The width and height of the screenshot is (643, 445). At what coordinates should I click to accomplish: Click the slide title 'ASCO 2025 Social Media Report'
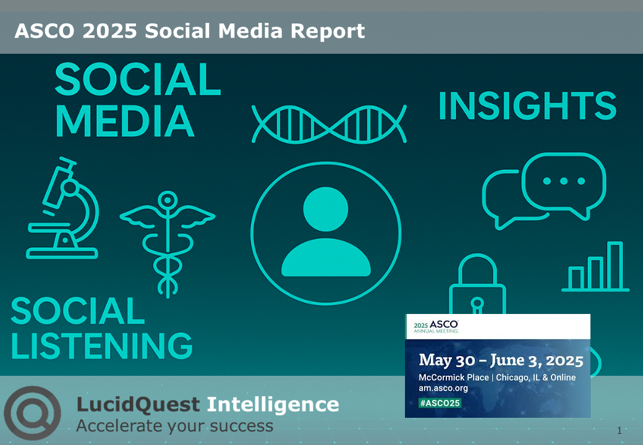[x=190, y=31]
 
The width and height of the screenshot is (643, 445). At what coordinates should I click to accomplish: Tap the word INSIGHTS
[x=527, y=106]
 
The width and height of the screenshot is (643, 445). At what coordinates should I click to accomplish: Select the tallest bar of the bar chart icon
[x=615, y=265]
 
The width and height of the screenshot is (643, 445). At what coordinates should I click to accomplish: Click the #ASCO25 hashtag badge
[x=440, y=402]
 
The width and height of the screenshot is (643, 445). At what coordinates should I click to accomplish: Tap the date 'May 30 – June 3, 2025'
[x=501, y=360]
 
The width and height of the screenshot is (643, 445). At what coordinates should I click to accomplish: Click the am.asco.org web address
[x=443, y=388]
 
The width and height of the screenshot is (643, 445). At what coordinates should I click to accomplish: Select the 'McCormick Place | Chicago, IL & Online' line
[x=497, y=377]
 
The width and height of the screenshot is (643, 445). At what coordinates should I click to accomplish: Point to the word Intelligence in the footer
[x=273, y=405]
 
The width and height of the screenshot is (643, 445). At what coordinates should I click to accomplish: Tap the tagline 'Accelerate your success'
[x=174, y=426]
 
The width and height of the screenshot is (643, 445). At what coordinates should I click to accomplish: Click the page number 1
[x=619, y=430]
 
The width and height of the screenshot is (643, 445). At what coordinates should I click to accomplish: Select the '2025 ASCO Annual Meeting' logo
[x=436, y=326]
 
